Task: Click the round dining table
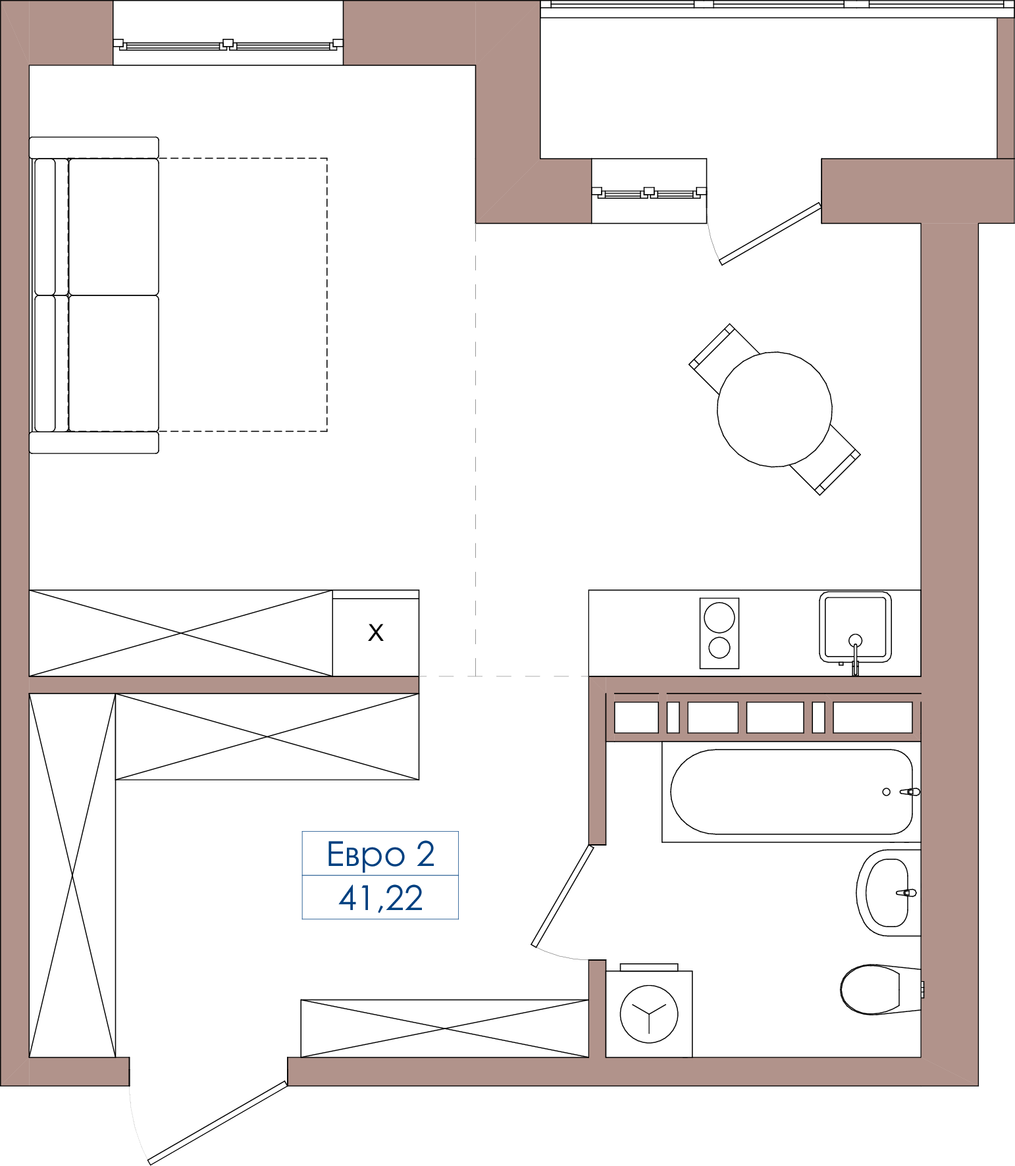point(775,409)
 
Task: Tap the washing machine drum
point(649,1014)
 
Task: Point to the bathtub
point(791,792)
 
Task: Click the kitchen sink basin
point(855,626)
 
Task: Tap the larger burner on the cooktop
point(719,618)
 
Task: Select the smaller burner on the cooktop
point(719,648)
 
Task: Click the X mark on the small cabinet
point(376,633)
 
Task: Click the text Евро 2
point(380,854)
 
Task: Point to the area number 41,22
point(380,898)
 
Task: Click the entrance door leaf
point(218,1123)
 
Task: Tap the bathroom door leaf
point(563,896)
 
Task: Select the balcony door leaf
point(771,234)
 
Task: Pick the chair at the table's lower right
point(826,460)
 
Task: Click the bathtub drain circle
point(887,792)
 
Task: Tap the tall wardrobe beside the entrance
point(72,875)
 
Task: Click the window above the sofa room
point(228,45)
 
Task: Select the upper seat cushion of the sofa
point(114,226)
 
